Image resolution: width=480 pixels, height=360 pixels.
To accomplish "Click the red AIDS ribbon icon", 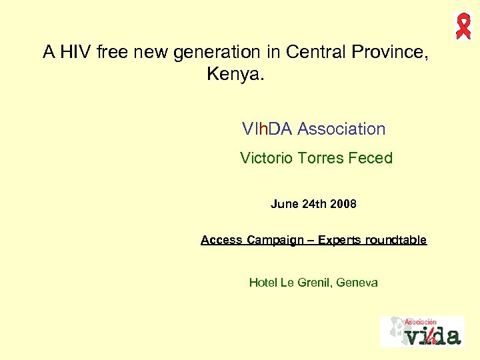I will (463, 25).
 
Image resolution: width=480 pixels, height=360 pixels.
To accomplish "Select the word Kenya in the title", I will (235, 74).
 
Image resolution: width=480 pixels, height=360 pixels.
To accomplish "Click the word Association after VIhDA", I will (341, 129).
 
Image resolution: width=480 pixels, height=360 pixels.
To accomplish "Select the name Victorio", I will (266, 159).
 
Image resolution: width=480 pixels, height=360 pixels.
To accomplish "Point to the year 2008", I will (342, 204).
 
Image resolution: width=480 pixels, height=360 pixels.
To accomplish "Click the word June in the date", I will (284, 204).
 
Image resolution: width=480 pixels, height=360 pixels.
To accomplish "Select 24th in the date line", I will (313, 204).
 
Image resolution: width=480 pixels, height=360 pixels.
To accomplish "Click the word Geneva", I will (357, 283).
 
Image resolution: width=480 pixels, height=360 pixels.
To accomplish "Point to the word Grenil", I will (314, 283).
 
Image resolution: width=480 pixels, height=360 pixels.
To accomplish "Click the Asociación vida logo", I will (421, 331).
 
